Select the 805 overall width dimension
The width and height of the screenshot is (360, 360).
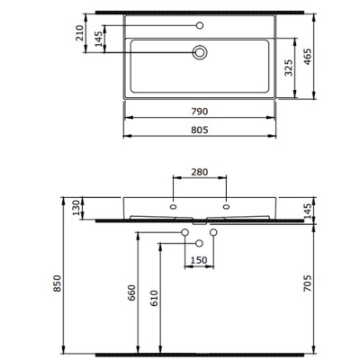click(199, 130)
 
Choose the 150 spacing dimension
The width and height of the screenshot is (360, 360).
click(199, 261)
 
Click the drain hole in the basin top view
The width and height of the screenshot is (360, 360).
click(200, 53)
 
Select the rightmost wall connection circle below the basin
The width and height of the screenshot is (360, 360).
click(213, 233)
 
